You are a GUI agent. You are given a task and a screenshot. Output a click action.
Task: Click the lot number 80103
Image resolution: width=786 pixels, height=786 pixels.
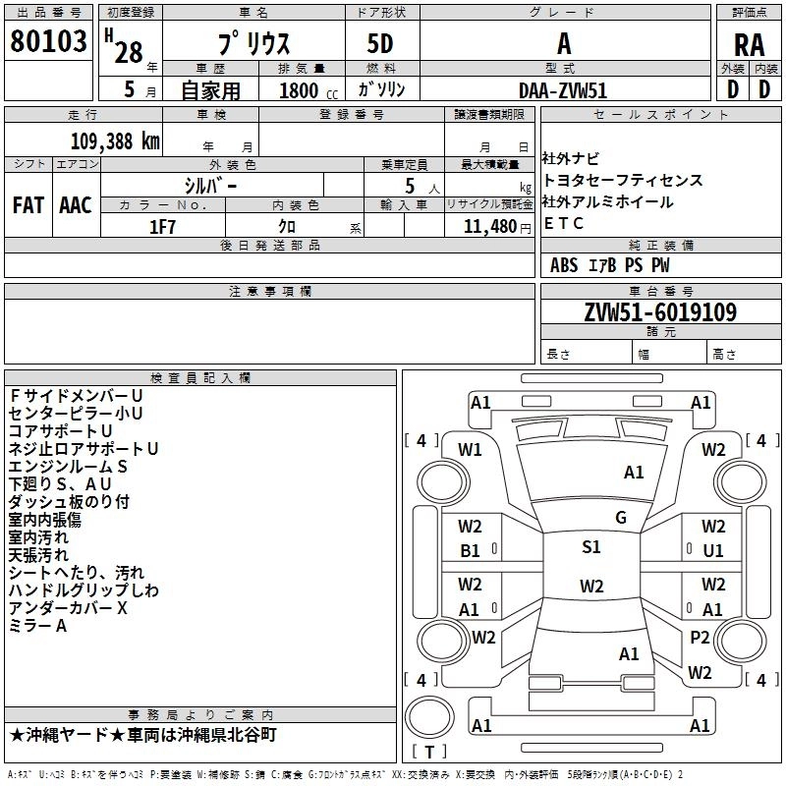point(48,41)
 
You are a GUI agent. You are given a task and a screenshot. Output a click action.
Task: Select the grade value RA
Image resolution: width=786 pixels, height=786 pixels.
point(749,45)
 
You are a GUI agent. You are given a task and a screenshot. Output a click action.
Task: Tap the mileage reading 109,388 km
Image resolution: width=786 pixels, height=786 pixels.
point(115,141)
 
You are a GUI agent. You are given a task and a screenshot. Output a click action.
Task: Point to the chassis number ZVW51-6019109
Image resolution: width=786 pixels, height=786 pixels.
point(660,312)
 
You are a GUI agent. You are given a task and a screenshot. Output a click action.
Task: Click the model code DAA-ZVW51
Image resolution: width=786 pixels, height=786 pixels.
point(563,90)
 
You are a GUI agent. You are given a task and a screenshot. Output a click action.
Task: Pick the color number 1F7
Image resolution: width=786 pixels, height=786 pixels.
point(162,227)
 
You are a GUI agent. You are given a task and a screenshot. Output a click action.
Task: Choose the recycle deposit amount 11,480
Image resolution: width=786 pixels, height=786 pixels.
point(489,227)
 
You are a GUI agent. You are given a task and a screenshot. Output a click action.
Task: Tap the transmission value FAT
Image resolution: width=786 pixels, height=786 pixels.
point(28,205)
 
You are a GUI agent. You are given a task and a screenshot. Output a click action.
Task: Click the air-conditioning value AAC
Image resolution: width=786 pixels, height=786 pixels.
point(76,205)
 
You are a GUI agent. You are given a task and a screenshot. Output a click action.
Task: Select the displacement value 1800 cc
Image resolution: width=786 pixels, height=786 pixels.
point(309,90)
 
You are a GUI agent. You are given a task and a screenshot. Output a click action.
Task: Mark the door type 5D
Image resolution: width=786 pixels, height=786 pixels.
point(380,44)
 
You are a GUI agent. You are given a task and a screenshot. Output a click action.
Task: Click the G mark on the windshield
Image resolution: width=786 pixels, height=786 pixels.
point(621,518)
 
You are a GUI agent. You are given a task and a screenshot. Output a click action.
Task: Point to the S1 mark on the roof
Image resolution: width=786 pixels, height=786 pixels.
point(591,547)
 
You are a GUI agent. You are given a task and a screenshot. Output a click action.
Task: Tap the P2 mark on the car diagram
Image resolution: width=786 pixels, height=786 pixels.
point(700,637)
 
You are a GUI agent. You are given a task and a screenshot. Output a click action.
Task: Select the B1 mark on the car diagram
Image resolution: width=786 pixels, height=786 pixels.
point(470,551)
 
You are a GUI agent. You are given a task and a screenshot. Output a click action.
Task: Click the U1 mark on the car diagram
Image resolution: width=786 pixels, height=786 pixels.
point(713,551)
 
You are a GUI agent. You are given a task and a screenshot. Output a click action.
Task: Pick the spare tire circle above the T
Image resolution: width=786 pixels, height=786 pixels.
point(429,717)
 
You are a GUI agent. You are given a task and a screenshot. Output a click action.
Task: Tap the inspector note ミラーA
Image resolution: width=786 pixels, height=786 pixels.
point(37,626)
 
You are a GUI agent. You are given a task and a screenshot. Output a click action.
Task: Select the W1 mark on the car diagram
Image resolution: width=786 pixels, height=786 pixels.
point(470,450)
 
